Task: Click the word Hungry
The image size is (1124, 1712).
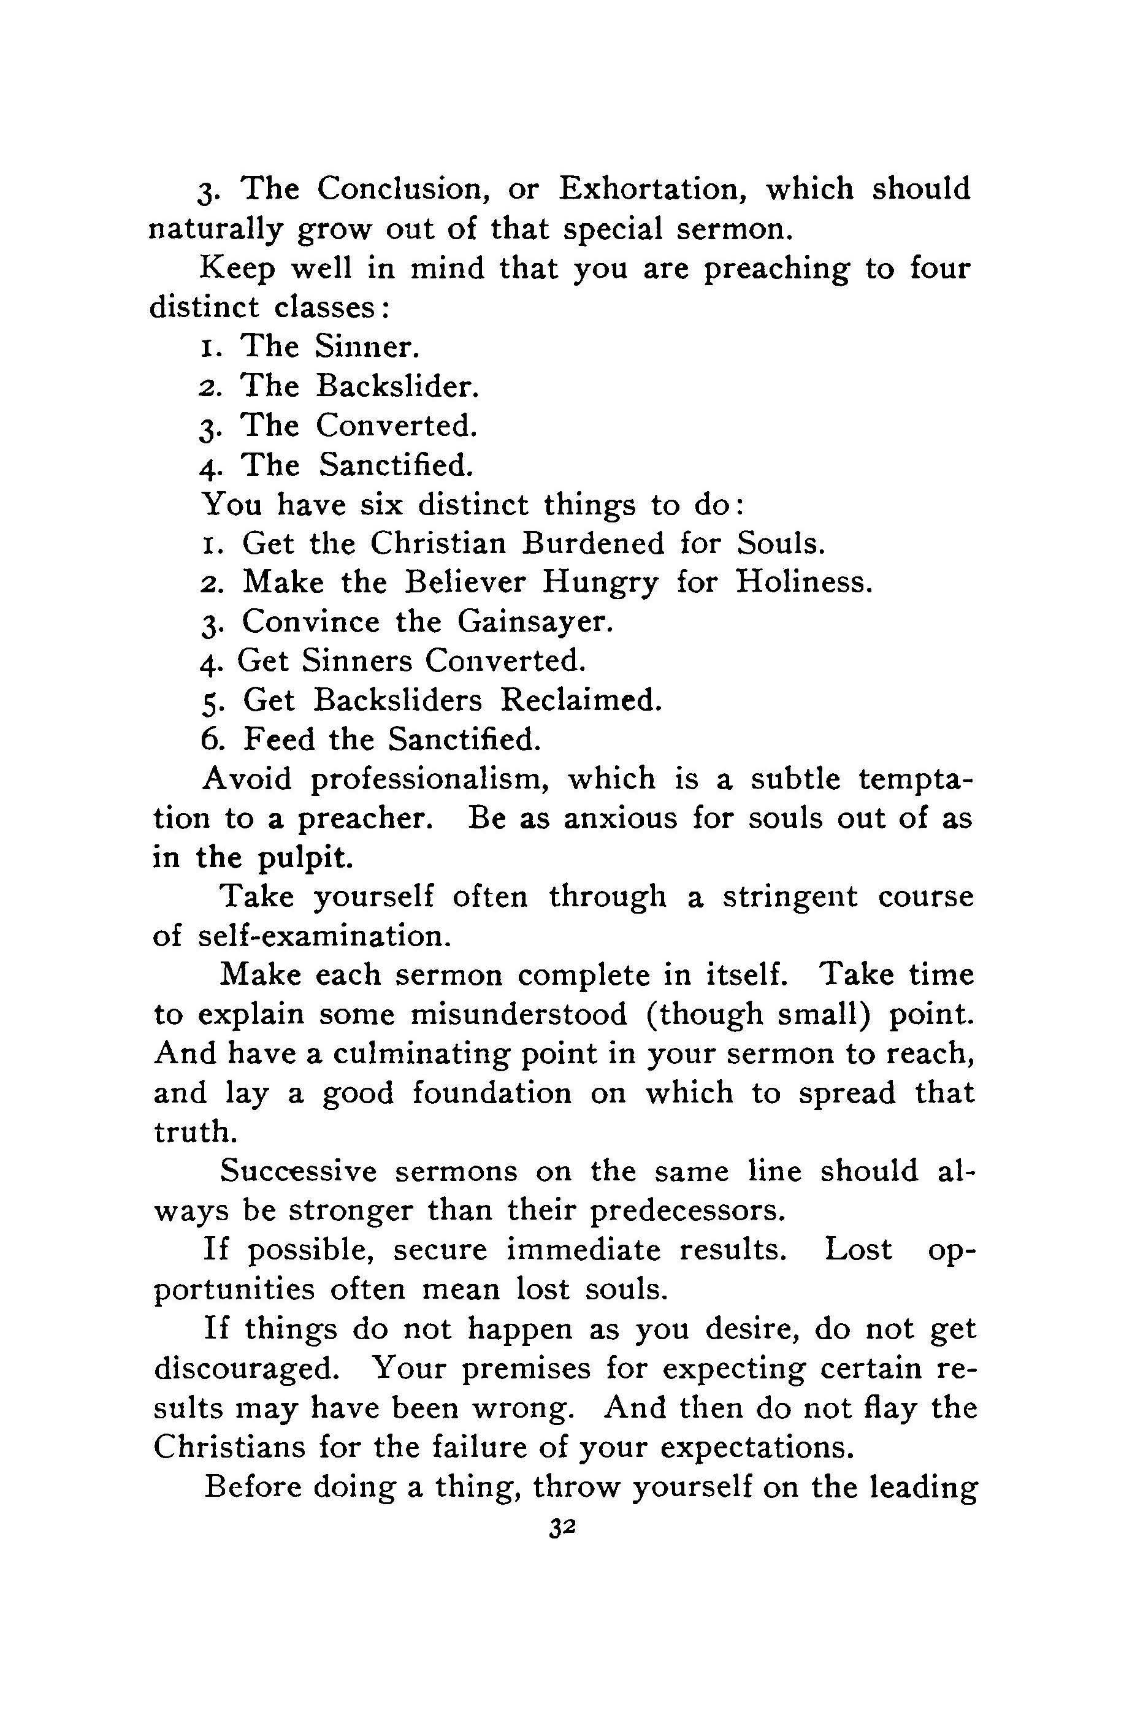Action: (x=600, y=582)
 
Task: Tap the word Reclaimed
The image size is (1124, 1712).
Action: (x=580, y=700)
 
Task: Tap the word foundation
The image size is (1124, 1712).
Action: (x=492, y=1093)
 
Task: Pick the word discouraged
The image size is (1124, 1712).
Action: (x=246, y=1367)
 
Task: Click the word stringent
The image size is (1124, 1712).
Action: (x=790, y=897)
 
